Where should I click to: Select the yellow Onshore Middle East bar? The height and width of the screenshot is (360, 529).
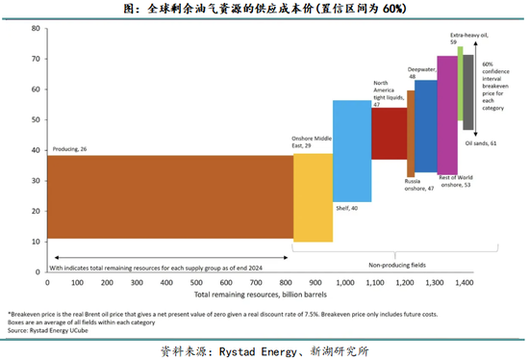pos(313,197)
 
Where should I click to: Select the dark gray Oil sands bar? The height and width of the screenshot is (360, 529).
pos(468,91)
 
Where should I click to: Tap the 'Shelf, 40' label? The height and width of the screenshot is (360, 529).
pos(346,208)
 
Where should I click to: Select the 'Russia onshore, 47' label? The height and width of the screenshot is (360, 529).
pos(415,185)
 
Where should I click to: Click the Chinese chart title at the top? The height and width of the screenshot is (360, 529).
pos(264,9)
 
